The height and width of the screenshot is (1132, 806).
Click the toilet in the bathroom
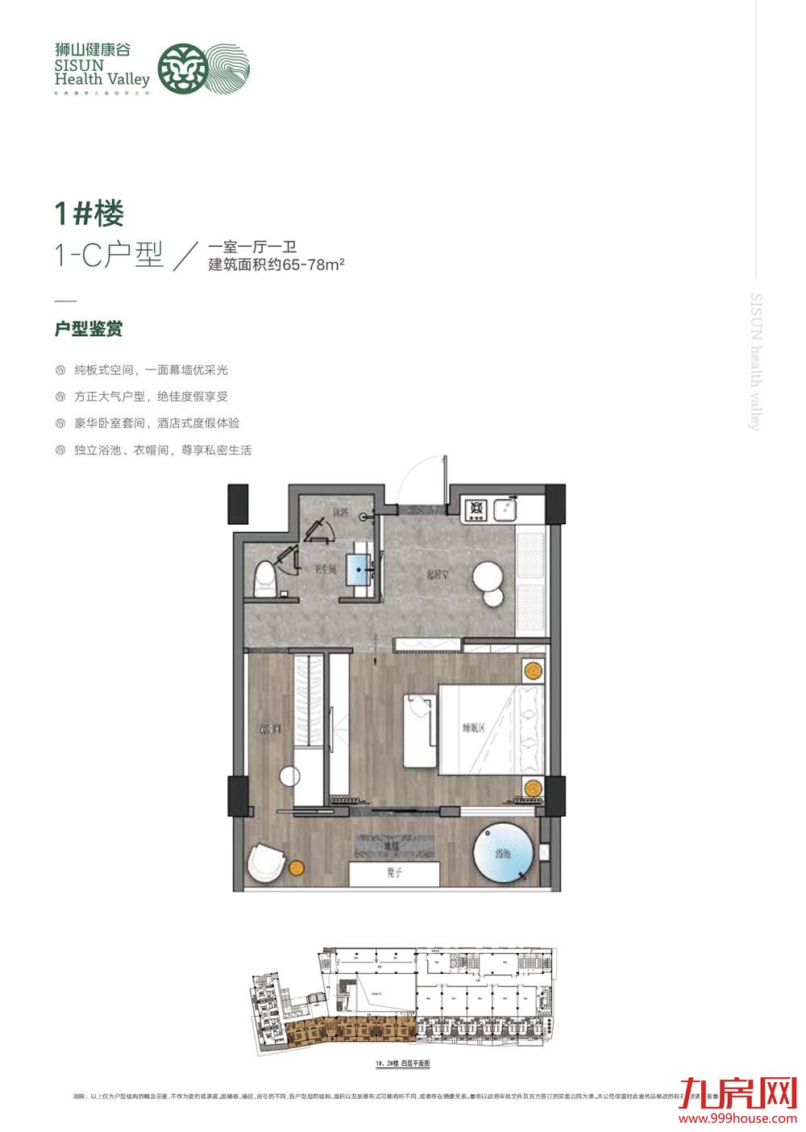point(263,579)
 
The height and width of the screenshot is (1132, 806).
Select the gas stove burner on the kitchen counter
point(476,508)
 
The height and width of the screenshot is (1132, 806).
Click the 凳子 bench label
point(394,874)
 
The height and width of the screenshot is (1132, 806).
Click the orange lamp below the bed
point(531,788)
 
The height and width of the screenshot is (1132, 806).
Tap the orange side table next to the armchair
point(297,868)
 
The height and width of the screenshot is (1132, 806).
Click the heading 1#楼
point(89,214)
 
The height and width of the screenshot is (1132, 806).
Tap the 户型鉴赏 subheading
point(88,330)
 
